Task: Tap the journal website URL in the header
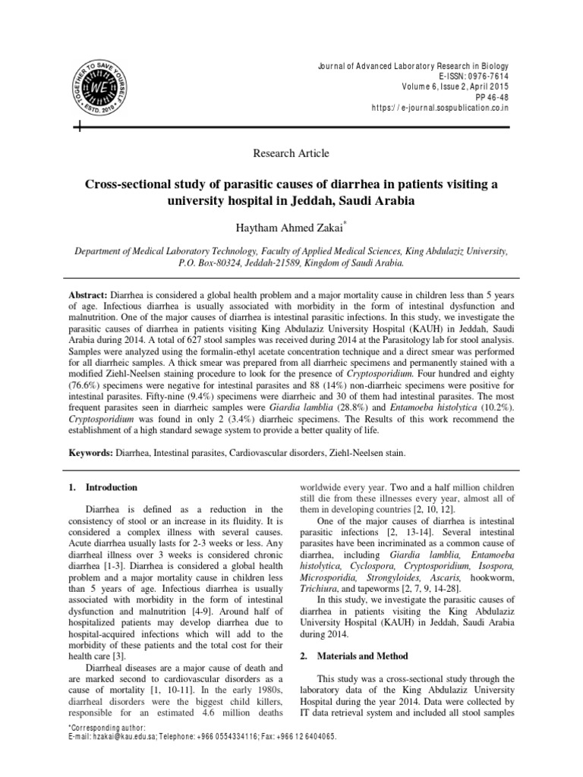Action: tap(440, 109)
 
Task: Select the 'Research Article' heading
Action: tap(291, 153)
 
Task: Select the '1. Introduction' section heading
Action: tap(106, 486)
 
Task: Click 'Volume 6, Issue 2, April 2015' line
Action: tap(453, 87)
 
